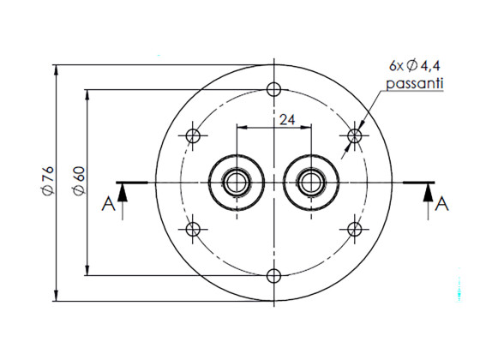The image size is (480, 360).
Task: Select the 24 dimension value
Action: click(287, 120)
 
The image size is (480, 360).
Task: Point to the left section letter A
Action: click(106, 204)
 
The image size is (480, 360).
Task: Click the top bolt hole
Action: click(274, 90)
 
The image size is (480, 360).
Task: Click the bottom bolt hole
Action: click(274, 275)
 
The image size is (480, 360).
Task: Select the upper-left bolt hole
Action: click(194, 135)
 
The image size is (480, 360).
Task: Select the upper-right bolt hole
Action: click(355, 135)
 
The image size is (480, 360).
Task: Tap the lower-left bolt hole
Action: click(194, 229)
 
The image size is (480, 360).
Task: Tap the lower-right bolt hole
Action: click(355, 229)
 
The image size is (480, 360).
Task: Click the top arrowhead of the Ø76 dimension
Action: click(57, 69)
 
